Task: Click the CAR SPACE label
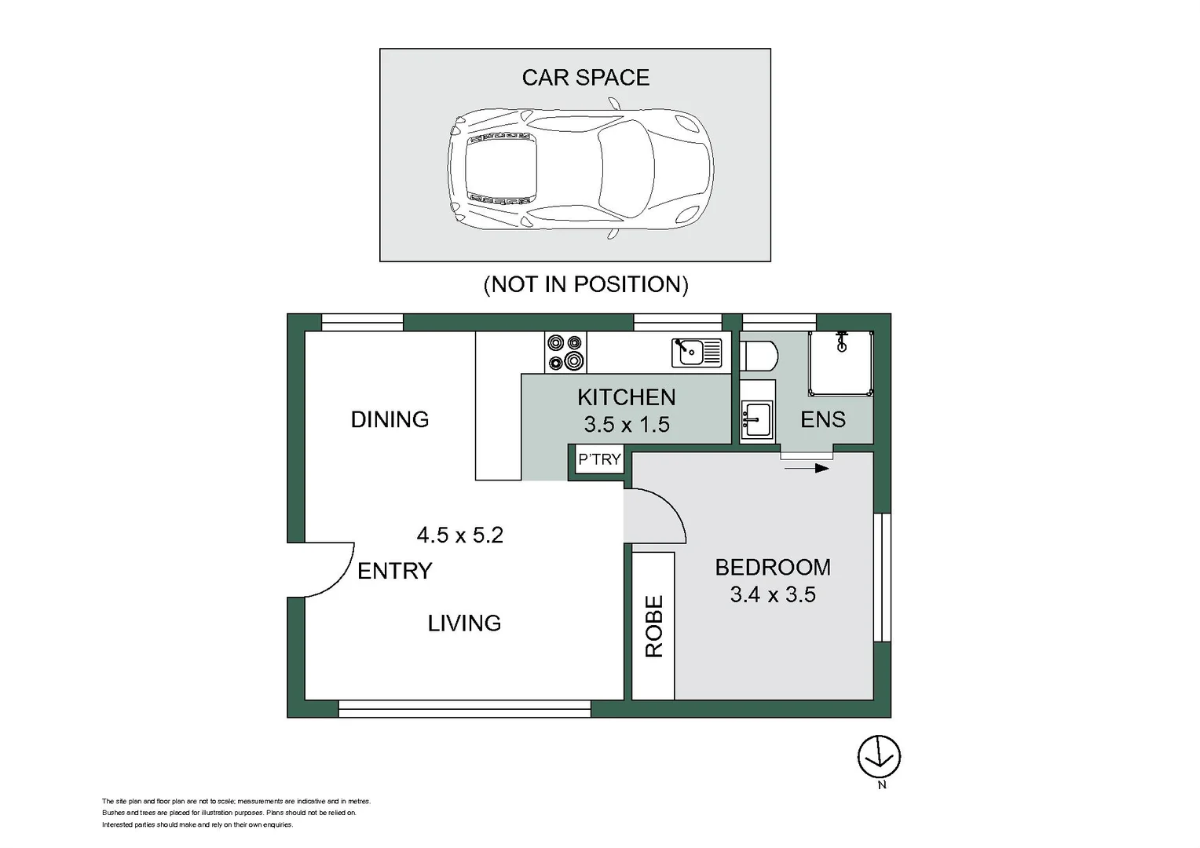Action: (585, 78)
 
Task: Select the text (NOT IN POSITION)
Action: (585, 284)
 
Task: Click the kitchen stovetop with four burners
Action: (565, 352)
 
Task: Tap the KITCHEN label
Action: (626, 397)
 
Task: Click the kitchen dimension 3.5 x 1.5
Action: (626, 425)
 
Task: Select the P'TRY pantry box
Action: (599, 459)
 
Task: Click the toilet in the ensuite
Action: (758, 355)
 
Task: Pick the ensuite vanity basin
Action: (757, 419)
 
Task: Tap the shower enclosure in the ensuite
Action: (841, 363)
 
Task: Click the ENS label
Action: (823, 419)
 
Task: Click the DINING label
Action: (390, 419)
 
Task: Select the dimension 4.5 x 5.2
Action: (459, 535)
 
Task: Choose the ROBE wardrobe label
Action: (653, 626)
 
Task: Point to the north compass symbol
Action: (879, 758)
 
